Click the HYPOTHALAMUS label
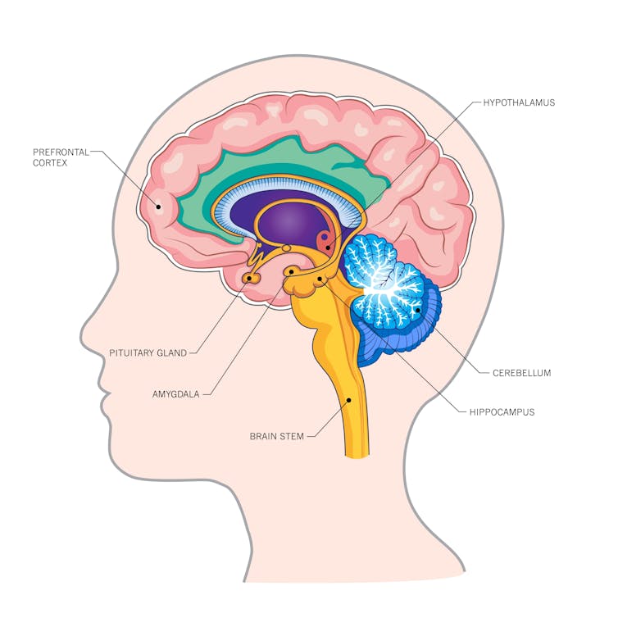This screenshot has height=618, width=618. tap(519, 102)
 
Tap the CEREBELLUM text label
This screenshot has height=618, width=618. tap(522, 373)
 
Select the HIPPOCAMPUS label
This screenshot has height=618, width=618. tap(502, 412)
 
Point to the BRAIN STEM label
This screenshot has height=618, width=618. tap(277, 436)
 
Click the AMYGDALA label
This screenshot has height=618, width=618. tap(175, 394)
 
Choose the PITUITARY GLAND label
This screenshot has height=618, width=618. tap(148, 352)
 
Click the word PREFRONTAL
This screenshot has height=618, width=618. tap(61, 152)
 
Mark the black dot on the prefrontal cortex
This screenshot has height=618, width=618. tap(159, 206)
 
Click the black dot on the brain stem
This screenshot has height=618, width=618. tap(348, 401)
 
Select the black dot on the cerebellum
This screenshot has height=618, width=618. tap(418, 310)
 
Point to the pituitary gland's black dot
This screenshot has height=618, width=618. tap(249, 278)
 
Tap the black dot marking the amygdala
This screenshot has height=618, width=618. tap(291, 271)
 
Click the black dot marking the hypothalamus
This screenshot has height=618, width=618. tap(328, 248)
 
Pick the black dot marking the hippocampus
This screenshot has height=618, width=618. tap(320, 279)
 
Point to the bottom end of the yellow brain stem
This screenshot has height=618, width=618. tap(357, 455)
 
